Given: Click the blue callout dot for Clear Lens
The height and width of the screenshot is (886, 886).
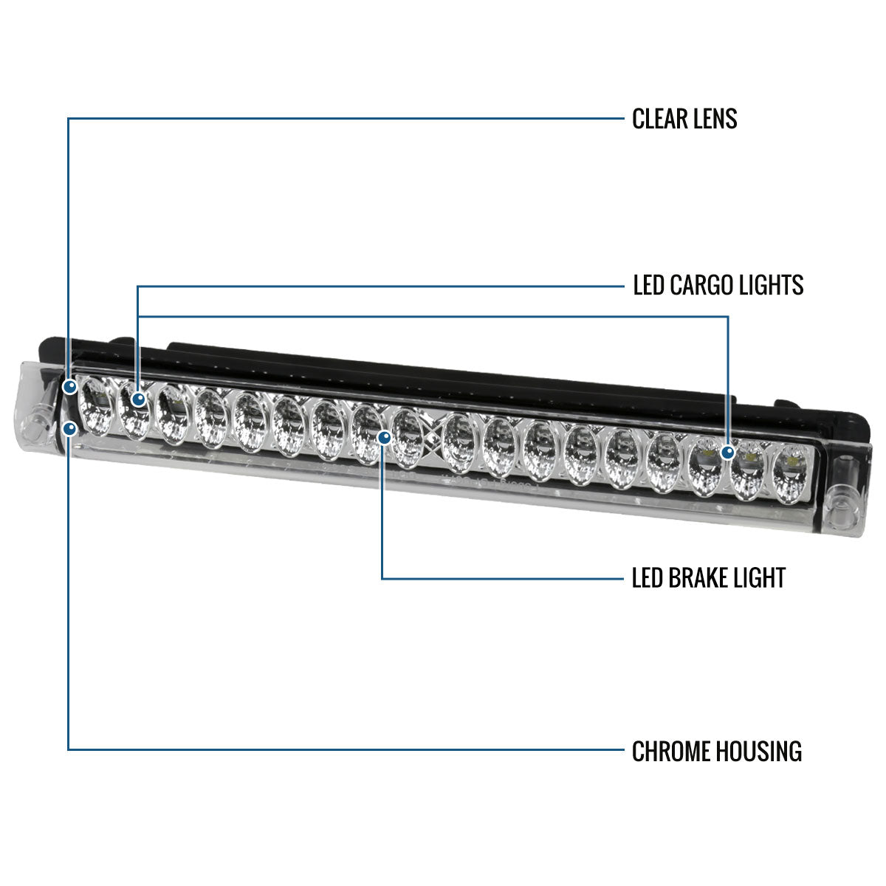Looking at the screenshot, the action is click(x=70, y=387).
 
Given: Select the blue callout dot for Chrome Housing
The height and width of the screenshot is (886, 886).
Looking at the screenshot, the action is click(x=70, y=429).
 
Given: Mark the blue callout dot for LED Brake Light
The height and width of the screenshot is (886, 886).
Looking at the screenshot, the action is click(x=385, y=437).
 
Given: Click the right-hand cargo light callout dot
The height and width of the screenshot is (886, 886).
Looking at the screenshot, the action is click(x=728, y=453).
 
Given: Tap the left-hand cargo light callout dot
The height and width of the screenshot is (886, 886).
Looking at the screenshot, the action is click(x=138, y=399).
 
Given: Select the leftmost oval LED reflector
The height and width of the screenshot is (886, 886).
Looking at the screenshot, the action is click(x=96, y=406).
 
